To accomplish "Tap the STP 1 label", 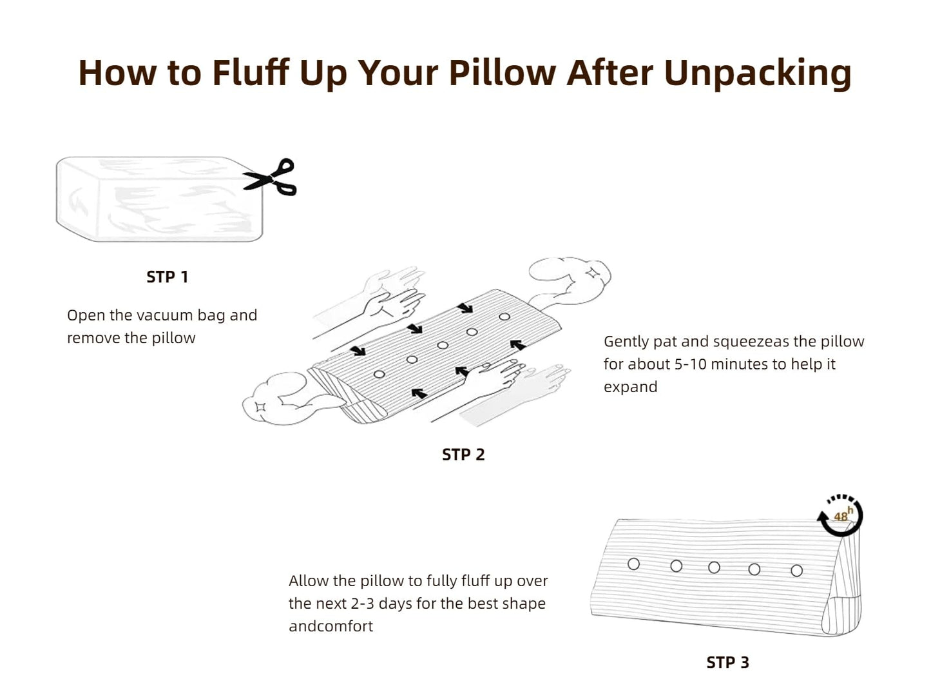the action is [167, 277].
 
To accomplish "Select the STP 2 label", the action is [463, 455].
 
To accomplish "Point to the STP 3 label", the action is [727, 662].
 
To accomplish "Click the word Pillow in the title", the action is [502, 73].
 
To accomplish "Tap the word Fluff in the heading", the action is [251, 72].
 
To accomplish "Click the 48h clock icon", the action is [840, 515].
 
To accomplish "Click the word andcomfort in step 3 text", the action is [331, 626].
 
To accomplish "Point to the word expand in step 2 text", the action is [630, 388].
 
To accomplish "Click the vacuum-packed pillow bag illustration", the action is [160, 199].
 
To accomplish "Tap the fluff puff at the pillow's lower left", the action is [289, 399].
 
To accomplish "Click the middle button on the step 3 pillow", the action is [715, 567].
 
